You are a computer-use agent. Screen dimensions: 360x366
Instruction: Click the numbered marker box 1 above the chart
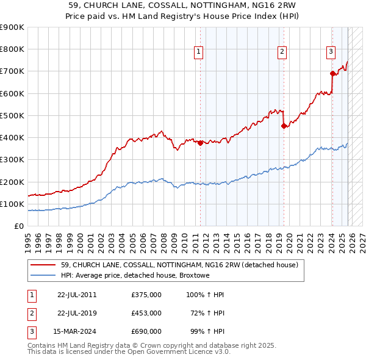point(199,52)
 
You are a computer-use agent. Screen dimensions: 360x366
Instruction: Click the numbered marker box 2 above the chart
point(282,52)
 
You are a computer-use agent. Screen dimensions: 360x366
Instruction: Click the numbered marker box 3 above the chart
point(331,52)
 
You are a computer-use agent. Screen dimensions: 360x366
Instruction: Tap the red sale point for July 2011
point(200,143)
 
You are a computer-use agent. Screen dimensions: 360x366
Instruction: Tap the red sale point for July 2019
point(284,126)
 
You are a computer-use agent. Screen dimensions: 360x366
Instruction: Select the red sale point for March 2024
point(332,74)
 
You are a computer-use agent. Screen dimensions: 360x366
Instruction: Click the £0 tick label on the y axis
point(19,226)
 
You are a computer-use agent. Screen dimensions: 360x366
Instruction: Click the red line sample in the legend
point(44,265)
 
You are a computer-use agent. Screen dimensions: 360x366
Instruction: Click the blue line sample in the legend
point(44,275)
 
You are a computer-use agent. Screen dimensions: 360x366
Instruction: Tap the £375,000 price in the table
point(146,295)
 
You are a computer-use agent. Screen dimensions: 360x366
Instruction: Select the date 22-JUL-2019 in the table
point(77,313)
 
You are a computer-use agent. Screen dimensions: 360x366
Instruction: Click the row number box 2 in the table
point(32,313)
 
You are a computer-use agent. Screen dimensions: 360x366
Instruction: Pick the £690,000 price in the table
point(146,331)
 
